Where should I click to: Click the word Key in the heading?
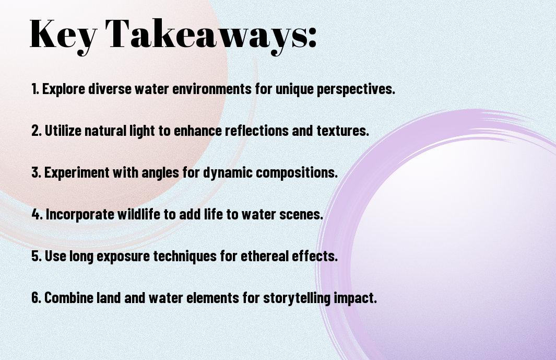[64, 35]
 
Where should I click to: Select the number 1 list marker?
[35, 89]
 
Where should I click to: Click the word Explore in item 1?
[64, 89]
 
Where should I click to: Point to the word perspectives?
[356, 89]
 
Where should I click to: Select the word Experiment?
[77, 173]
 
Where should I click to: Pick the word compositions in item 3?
[297, 173]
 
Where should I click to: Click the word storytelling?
[297, 298]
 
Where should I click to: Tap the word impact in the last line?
[355, 298]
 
